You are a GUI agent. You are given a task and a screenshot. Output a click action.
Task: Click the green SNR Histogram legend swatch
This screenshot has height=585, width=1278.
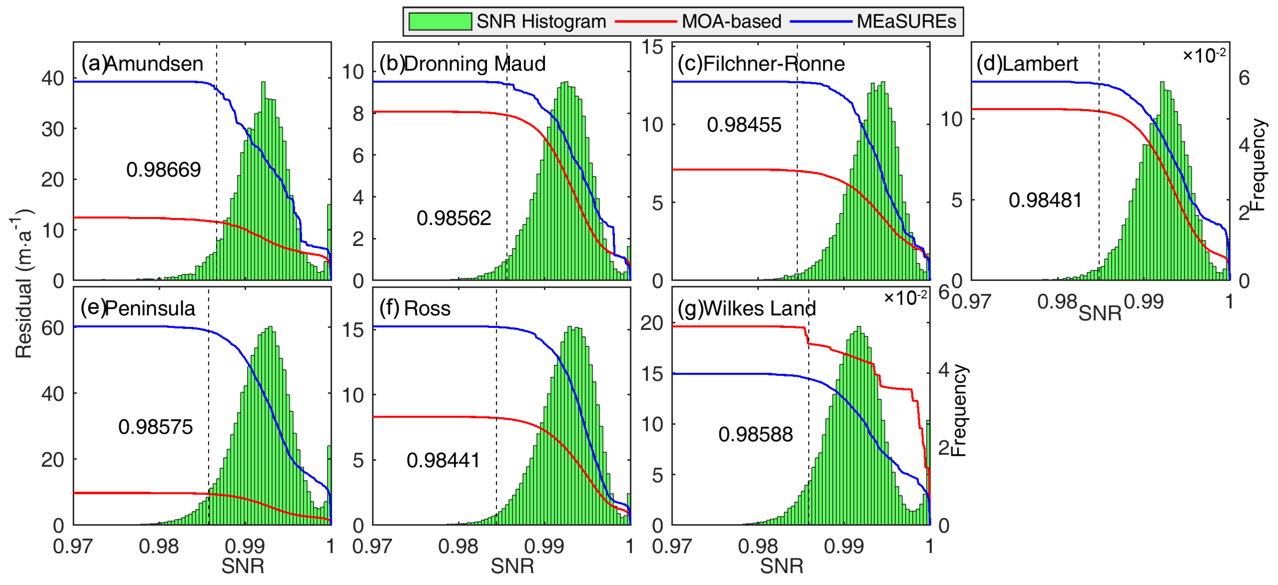pyautogui.click(x=440, y=21)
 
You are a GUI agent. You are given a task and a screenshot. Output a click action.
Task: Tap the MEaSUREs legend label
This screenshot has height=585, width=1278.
pyautogui.click(x=906, y=21)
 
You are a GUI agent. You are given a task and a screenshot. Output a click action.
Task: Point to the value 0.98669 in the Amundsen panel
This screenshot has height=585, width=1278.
pyautogui.click(x=163, y=169)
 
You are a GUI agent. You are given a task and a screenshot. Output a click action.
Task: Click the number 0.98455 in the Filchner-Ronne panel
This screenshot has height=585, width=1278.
pyautogui.click(x=744, y=124)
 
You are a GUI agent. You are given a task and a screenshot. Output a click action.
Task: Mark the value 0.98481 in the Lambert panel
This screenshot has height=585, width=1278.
pyautogui.click(x=1045, y=200)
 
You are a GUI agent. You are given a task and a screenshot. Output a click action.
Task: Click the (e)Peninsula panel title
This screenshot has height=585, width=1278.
pyautogui.click(x=138, y=308)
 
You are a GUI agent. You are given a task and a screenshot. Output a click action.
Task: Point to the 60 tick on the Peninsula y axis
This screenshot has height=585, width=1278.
pyautogui.click(x=53, y=328)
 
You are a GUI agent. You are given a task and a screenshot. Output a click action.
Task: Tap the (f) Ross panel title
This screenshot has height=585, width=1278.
pyautogui.click(x=415, y=308)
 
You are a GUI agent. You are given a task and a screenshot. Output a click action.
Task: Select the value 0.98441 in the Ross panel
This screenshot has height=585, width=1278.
pyautogui.click(x=443, y=461)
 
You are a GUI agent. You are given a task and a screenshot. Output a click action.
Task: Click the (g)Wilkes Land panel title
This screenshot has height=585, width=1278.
pyautogui.click(x=747, y=308)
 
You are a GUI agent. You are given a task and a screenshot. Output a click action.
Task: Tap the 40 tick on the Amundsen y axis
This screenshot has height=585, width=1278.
pyautogui.click(x=53, y=78)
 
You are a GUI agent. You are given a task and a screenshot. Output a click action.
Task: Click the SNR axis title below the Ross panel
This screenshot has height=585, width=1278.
pyautogui.click(x=512, y=566)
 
